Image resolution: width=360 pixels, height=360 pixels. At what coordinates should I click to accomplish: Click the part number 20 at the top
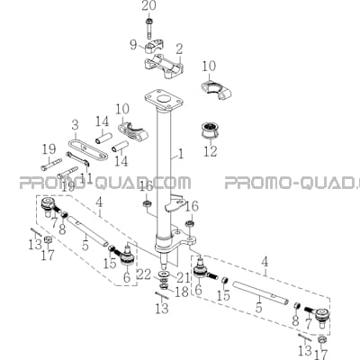[x=148, y=6]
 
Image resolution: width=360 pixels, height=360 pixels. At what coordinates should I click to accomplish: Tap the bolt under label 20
[x=149, y=29]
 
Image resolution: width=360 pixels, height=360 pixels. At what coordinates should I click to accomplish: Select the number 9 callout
[x=133, y=45]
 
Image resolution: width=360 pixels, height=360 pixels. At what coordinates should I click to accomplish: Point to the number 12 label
[x=210, y=150]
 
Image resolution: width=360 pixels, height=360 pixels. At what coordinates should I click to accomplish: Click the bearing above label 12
[x=210, y=130]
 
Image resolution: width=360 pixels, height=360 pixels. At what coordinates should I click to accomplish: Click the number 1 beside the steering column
[x=180, y=154]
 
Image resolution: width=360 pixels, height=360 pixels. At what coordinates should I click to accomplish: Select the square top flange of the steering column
[x=164, y=100]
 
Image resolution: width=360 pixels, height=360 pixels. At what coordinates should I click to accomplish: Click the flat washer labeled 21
[x=164, y=274]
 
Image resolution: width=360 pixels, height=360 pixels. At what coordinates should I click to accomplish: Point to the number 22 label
[x=144, y=274]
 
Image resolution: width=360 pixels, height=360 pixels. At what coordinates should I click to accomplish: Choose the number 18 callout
[x=182, y=292]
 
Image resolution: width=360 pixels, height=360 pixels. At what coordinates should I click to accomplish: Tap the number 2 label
[x=179, y=49]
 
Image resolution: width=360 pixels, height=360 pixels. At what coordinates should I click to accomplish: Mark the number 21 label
[x=183, y=277]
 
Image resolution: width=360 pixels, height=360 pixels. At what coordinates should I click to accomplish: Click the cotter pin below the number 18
[x=162, y=295]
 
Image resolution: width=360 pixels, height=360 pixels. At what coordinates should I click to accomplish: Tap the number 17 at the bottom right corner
[x=321, y=354]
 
